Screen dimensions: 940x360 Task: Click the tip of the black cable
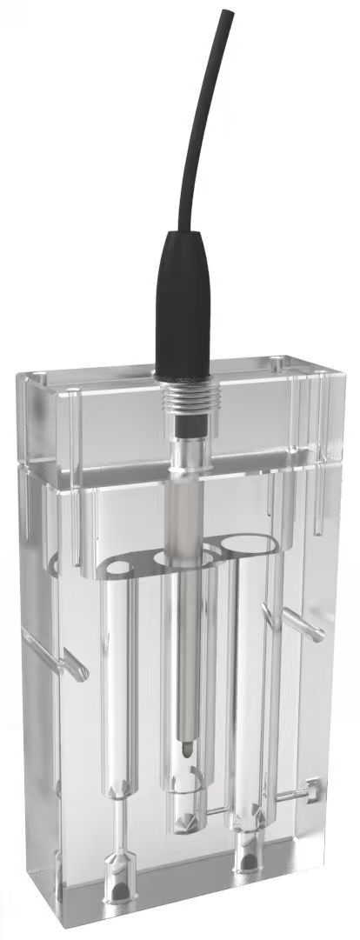point(228,13)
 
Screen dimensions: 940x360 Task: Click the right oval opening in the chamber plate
point(246,547)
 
